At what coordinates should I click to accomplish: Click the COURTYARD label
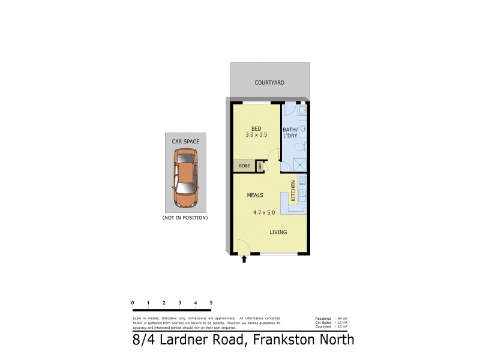point(269,82)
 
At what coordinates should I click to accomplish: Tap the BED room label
point(256,128)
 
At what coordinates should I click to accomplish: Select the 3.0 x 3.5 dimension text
point(256,136)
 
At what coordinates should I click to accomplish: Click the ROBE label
point(244,166)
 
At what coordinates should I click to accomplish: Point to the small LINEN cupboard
point(260,166)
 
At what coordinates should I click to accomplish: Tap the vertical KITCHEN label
point(293,191)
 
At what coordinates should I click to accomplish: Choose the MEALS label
point(255,195)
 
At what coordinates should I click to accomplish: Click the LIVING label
point(278,232)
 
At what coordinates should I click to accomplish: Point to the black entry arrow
point(244,259)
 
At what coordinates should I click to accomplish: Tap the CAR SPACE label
point(185,142)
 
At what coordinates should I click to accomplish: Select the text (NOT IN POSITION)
point(185,217)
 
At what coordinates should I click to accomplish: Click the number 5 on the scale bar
point(211,302)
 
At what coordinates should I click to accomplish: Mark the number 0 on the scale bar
point(132,302)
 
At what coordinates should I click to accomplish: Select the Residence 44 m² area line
point(332,318)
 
